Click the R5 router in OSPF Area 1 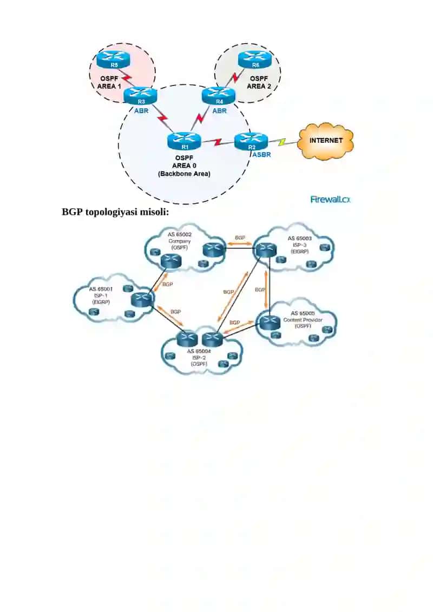(113, 60)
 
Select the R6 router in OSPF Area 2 (254, 60)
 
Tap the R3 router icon (140, 96)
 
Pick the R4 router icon (219, 96)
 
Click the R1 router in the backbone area (184, 141)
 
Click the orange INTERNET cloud (326, 141)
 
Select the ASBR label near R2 (261, 155)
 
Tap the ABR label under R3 (141, 111)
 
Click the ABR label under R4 (219, 111)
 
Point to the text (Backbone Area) (184, 174)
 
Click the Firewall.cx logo (330, 200)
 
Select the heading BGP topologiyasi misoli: (115, 212)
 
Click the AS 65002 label (180, 235)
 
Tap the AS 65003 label (299, 238)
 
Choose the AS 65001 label (101, 289)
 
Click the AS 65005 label (303, 313)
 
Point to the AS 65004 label (199, 351)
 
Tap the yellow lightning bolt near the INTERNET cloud (283, 142)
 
